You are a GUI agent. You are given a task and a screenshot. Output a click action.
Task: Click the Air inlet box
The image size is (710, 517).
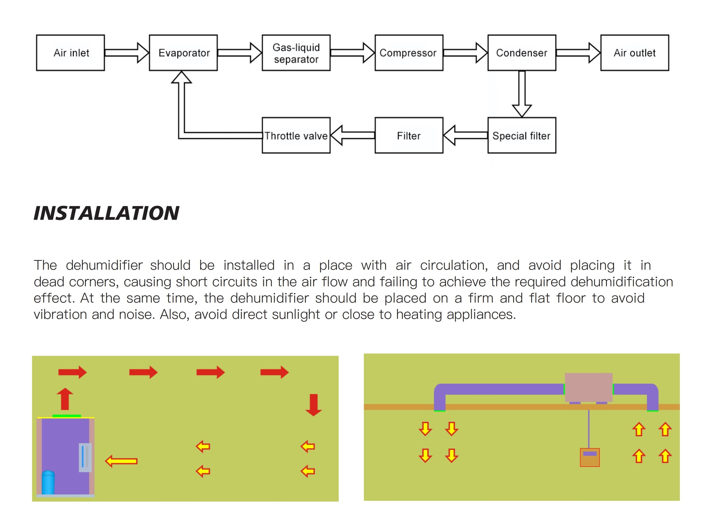(70, 53)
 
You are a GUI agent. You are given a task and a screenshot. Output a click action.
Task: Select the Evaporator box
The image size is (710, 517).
(183, 53)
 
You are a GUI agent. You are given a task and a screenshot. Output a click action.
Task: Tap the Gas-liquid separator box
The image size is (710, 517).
(296, 53)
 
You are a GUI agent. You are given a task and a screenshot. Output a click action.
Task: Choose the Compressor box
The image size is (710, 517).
(409, 53)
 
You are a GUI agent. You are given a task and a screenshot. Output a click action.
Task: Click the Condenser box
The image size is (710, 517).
(522, 53)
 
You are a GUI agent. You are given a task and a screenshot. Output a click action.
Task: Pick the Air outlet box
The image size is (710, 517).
(635, 53)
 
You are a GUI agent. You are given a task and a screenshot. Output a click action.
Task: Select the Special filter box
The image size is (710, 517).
(522, 135)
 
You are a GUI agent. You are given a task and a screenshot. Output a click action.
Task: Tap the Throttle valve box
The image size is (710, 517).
(296, 135)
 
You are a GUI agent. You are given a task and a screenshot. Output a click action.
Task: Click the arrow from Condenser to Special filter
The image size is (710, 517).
(522, 94)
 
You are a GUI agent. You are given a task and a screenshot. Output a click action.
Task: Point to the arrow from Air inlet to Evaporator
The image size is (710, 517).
(127, 53)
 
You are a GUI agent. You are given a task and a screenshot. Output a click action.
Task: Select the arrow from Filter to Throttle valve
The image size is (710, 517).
(353, 135)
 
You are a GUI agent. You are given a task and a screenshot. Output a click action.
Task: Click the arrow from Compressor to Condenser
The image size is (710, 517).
(465, 53)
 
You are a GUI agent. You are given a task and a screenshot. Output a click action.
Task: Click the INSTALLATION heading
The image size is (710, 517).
(106, 213)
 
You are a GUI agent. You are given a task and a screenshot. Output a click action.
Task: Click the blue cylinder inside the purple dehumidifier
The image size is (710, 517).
(48, 482)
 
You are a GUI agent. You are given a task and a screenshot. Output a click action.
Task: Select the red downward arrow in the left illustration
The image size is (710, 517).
(313, 405)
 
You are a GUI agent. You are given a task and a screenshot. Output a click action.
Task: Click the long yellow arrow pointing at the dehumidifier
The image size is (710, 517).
(121, 461)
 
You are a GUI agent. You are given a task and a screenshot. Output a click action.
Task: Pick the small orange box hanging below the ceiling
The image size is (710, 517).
(590, 458)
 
